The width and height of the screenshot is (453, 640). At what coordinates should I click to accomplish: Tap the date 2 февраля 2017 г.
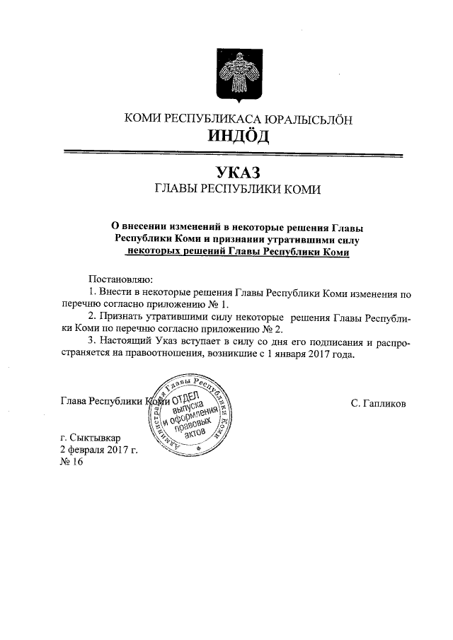[x=98, y=450]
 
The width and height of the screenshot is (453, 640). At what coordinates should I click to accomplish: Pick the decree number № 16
[x=73, y=462]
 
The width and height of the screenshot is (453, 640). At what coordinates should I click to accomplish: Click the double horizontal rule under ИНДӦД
[x=233, y=153]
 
